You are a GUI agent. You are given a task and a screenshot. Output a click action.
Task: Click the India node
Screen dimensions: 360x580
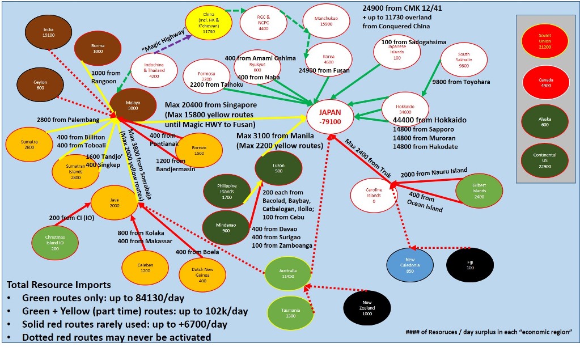(49, 32)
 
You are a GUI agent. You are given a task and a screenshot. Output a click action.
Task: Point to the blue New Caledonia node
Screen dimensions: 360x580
(410, 265)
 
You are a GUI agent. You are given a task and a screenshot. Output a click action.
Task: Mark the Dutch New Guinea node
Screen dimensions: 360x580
(202, 274)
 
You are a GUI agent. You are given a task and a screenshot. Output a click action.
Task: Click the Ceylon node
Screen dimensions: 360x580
(40, 85)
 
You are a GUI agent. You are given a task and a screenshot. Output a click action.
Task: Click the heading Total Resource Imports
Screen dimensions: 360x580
(59, 285)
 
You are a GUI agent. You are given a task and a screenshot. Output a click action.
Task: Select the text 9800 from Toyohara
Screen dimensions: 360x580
(461, 82)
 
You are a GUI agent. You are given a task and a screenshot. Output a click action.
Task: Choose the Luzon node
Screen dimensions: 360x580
(278, 168)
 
